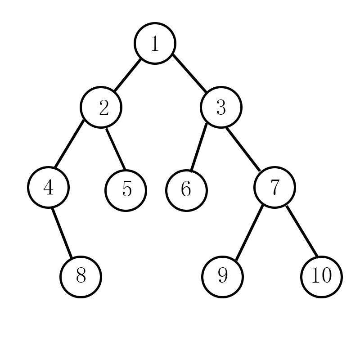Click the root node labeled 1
[x=155, y=43]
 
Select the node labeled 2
[x=101, y=107]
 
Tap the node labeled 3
[x=221, y=107]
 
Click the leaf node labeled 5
[x=126, y=189]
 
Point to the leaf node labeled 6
[x=186, y=189]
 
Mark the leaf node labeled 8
[x=81, y=276]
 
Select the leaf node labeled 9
[x=222, y=276]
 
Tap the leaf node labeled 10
[x=321, y=276]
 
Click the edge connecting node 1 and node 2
[x=127, y=75]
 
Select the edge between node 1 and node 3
[x=189, y=75]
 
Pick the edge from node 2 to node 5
[x=115, y=149]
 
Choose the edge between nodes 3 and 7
[x=243, y=150]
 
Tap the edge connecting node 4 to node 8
[x=62, y=232]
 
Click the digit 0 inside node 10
[x=326, y=276]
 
